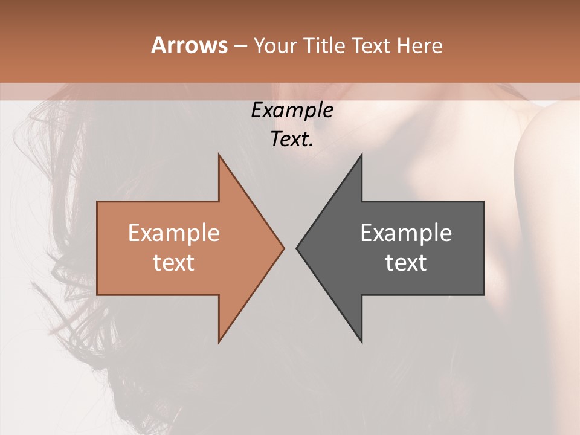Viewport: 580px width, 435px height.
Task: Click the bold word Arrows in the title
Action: click(x=190, y=45)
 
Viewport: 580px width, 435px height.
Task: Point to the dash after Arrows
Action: click(x=240, y=46)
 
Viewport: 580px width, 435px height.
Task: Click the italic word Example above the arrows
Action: click(x=292, y=110)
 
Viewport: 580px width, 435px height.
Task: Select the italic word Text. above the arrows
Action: click(x=292, y=139)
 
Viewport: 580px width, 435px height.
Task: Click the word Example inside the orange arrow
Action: click(x=173, y=233)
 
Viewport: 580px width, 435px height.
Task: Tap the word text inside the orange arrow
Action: click(x=173, y=263)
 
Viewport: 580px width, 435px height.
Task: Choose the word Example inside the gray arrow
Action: click(x=406, y=233)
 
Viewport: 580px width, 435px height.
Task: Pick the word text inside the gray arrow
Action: click(x=406, y=263)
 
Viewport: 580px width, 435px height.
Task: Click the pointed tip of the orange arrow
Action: click(x=283, y=248)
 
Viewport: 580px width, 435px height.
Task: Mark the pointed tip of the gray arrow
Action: click(x=297, y=248)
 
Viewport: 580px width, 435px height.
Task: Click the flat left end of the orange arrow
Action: click(x=98, y=248)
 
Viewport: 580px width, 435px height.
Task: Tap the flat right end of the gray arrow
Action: click(x=483, y=248)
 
